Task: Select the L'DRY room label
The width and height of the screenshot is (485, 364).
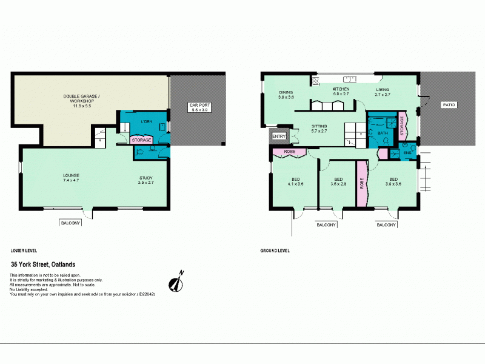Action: click(146, 123)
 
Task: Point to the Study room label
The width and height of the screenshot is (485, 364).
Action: click(147, 180)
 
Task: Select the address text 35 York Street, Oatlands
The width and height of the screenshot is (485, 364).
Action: click(51, 265)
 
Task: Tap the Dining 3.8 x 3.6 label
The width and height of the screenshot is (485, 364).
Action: click(286, 95)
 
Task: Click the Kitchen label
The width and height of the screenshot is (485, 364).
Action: click(341, 92)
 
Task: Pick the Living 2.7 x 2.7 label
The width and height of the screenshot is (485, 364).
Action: click(383, 92)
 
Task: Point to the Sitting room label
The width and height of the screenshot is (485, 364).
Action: click(319, 129)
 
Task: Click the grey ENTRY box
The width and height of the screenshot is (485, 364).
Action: click(279, 136)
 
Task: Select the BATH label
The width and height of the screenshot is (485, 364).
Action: click(382, 132)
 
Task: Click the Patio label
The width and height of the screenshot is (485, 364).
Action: click(449, 105)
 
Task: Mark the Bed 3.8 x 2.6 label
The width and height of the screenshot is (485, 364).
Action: click(338, 181)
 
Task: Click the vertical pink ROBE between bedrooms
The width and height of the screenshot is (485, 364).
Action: click(363, 184)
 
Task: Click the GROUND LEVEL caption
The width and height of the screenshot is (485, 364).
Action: click(275, 250)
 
